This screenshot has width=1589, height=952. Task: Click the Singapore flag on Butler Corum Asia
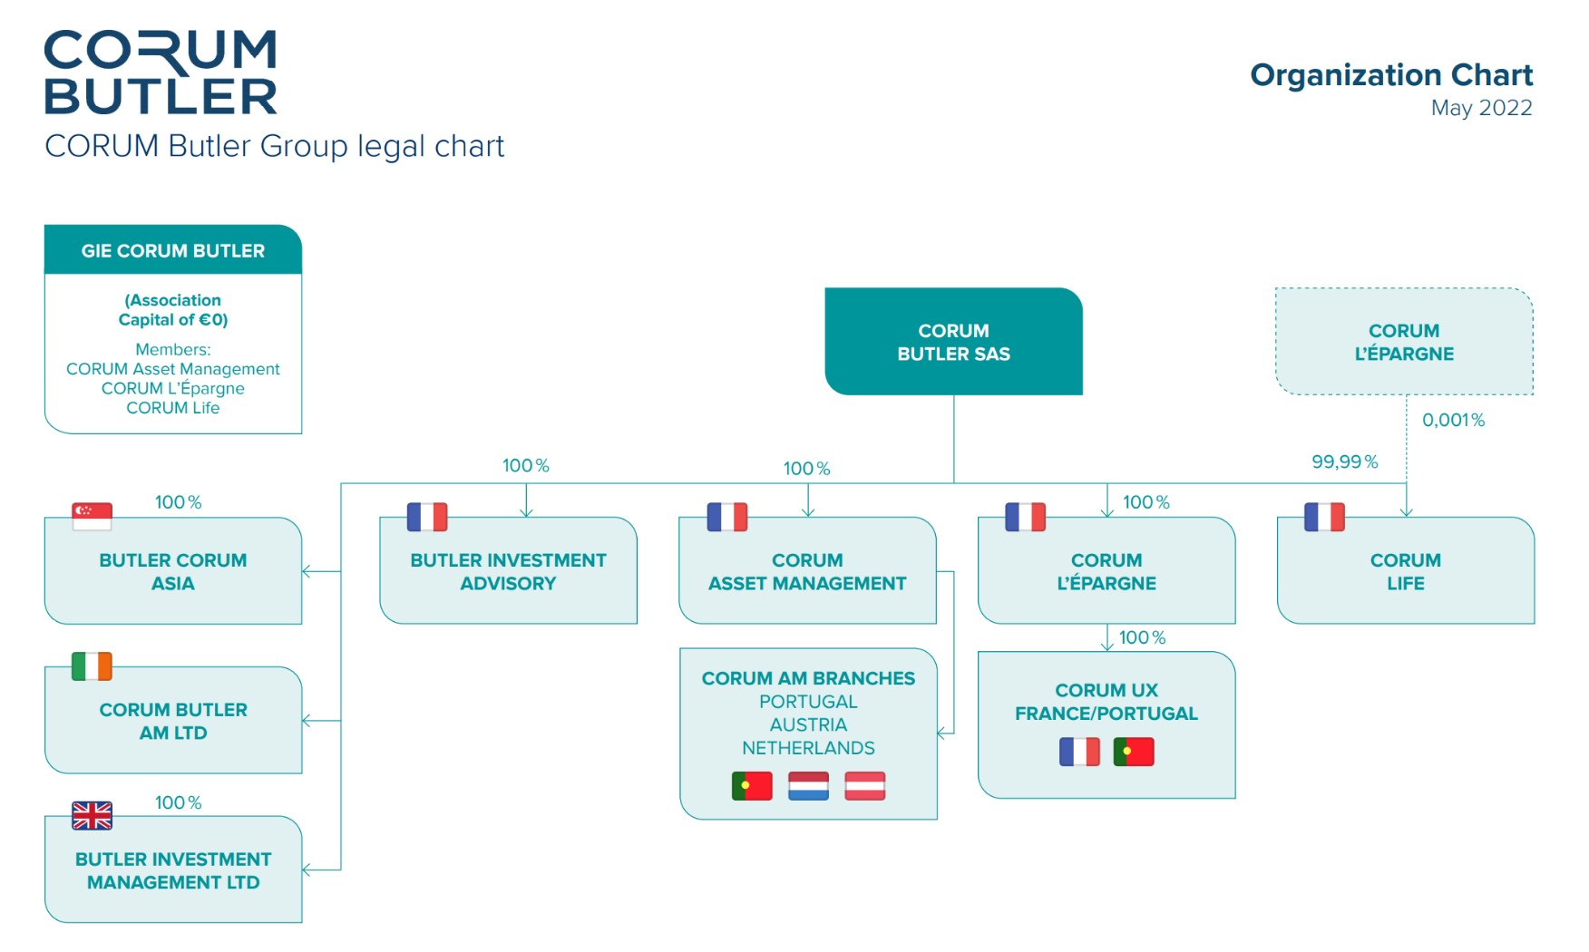92,516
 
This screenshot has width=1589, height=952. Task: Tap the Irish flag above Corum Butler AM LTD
92,665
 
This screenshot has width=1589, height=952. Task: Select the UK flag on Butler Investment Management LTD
92,815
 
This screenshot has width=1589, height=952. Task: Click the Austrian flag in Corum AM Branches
864,785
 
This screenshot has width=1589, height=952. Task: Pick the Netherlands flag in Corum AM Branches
808,785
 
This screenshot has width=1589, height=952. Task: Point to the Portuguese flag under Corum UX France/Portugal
1134,752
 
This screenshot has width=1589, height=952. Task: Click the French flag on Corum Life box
1324,516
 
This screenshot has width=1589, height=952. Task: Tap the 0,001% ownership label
1453,420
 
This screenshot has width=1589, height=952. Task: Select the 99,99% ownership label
1344,461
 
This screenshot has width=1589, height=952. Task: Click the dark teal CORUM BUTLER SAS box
953,342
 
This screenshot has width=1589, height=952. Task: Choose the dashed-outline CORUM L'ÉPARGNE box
1404,342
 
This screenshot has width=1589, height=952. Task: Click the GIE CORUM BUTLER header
173,250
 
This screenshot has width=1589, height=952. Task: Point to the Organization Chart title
1391,74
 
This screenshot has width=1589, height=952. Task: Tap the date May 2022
1481,108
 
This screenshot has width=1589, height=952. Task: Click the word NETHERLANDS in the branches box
808,748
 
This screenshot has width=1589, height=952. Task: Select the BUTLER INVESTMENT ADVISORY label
508,571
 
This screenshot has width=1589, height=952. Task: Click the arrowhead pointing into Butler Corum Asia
307,571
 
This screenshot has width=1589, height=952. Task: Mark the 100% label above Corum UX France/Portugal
1142,637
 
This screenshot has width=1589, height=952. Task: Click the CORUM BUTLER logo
161,73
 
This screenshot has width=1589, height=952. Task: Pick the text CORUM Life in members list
173,408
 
